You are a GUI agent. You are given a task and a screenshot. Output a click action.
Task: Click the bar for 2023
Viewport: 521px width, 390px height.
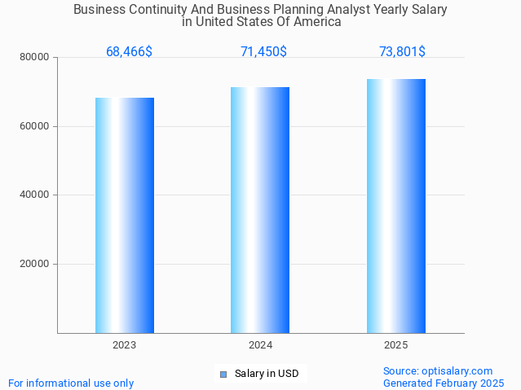[x=125, y=215]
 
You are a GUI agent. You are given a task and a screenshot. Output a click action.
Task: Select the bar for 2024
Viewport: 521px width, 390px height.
[x=260, y=210]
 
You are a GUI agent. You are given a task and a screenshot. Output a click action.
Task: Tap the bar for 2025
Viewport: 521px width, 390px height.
[x=396, y=206]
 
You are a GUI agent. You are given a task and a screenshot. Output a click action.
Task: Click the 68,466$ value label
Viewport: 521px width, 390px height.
[x=129, y=52]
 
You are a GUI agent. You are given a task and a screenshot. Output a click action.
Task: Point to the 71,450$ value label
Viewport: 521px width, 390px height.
[x=263, y=52]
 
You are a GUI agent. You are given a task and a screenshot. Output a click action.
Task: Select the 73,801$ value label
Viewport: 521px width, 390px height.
[x=402, y=52]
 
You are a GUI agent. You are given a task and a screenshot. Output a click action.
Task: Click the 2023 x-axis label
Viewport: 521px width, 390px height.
[x=125, y=345]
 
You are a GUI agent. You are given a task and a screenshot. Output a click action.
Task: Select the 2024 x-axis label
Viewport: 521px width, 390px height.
[x=260, y=345]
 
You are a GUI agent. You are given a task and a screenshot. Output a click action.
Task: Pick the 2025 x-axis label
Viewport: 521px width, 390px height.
[x=396, y=345]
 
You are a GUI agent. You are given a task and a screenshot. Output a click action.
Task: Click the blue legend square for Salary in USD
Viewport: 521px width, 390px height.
[x=223, y=375]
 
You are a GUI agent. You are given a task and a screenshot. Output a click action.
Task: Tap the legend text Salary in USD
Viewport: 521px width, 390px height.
[x=267, y=375]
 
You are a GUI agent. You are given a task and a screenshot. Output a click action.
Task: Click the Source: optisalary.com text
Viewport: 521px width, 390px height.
[x=438, y=371]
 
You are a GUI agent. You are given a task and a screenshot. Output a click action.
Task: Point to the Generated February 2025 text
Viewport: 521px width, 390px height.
[x=444, y=383]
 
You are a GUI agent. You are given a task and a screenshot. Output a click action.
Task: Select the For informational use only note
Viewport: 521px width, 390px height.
[x=71, y=383]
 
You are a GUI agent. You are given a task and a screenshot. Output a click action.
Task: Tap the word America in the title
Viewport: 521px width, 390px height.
[x=317, y=22]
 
